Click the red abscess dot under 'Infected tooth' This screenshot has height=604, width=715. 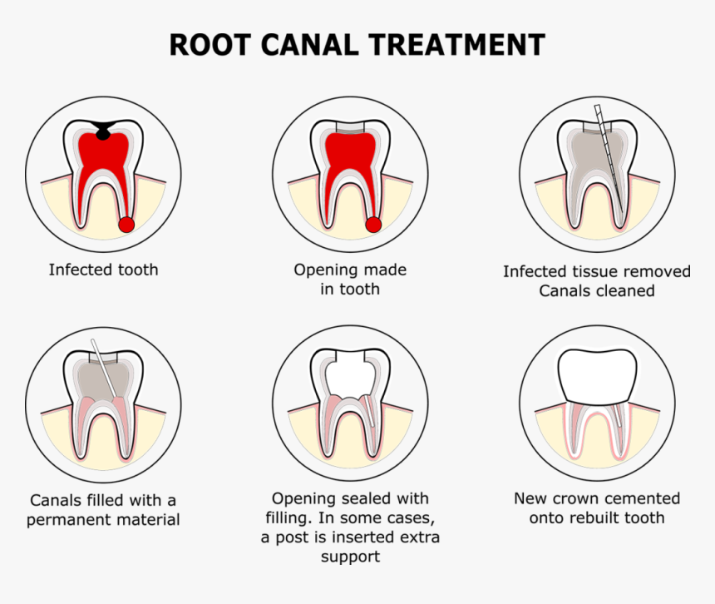[x=126, y=224]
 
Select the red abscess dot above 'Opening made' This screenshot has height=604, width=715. [x=374, y=224]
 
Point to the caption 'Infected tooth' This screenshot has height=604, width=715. [x=103, y=270]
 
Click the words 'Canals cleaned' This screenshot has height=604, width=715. [x=596, y=291]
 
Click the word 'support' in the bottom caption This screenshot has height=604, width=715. [x=350, y=557]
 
